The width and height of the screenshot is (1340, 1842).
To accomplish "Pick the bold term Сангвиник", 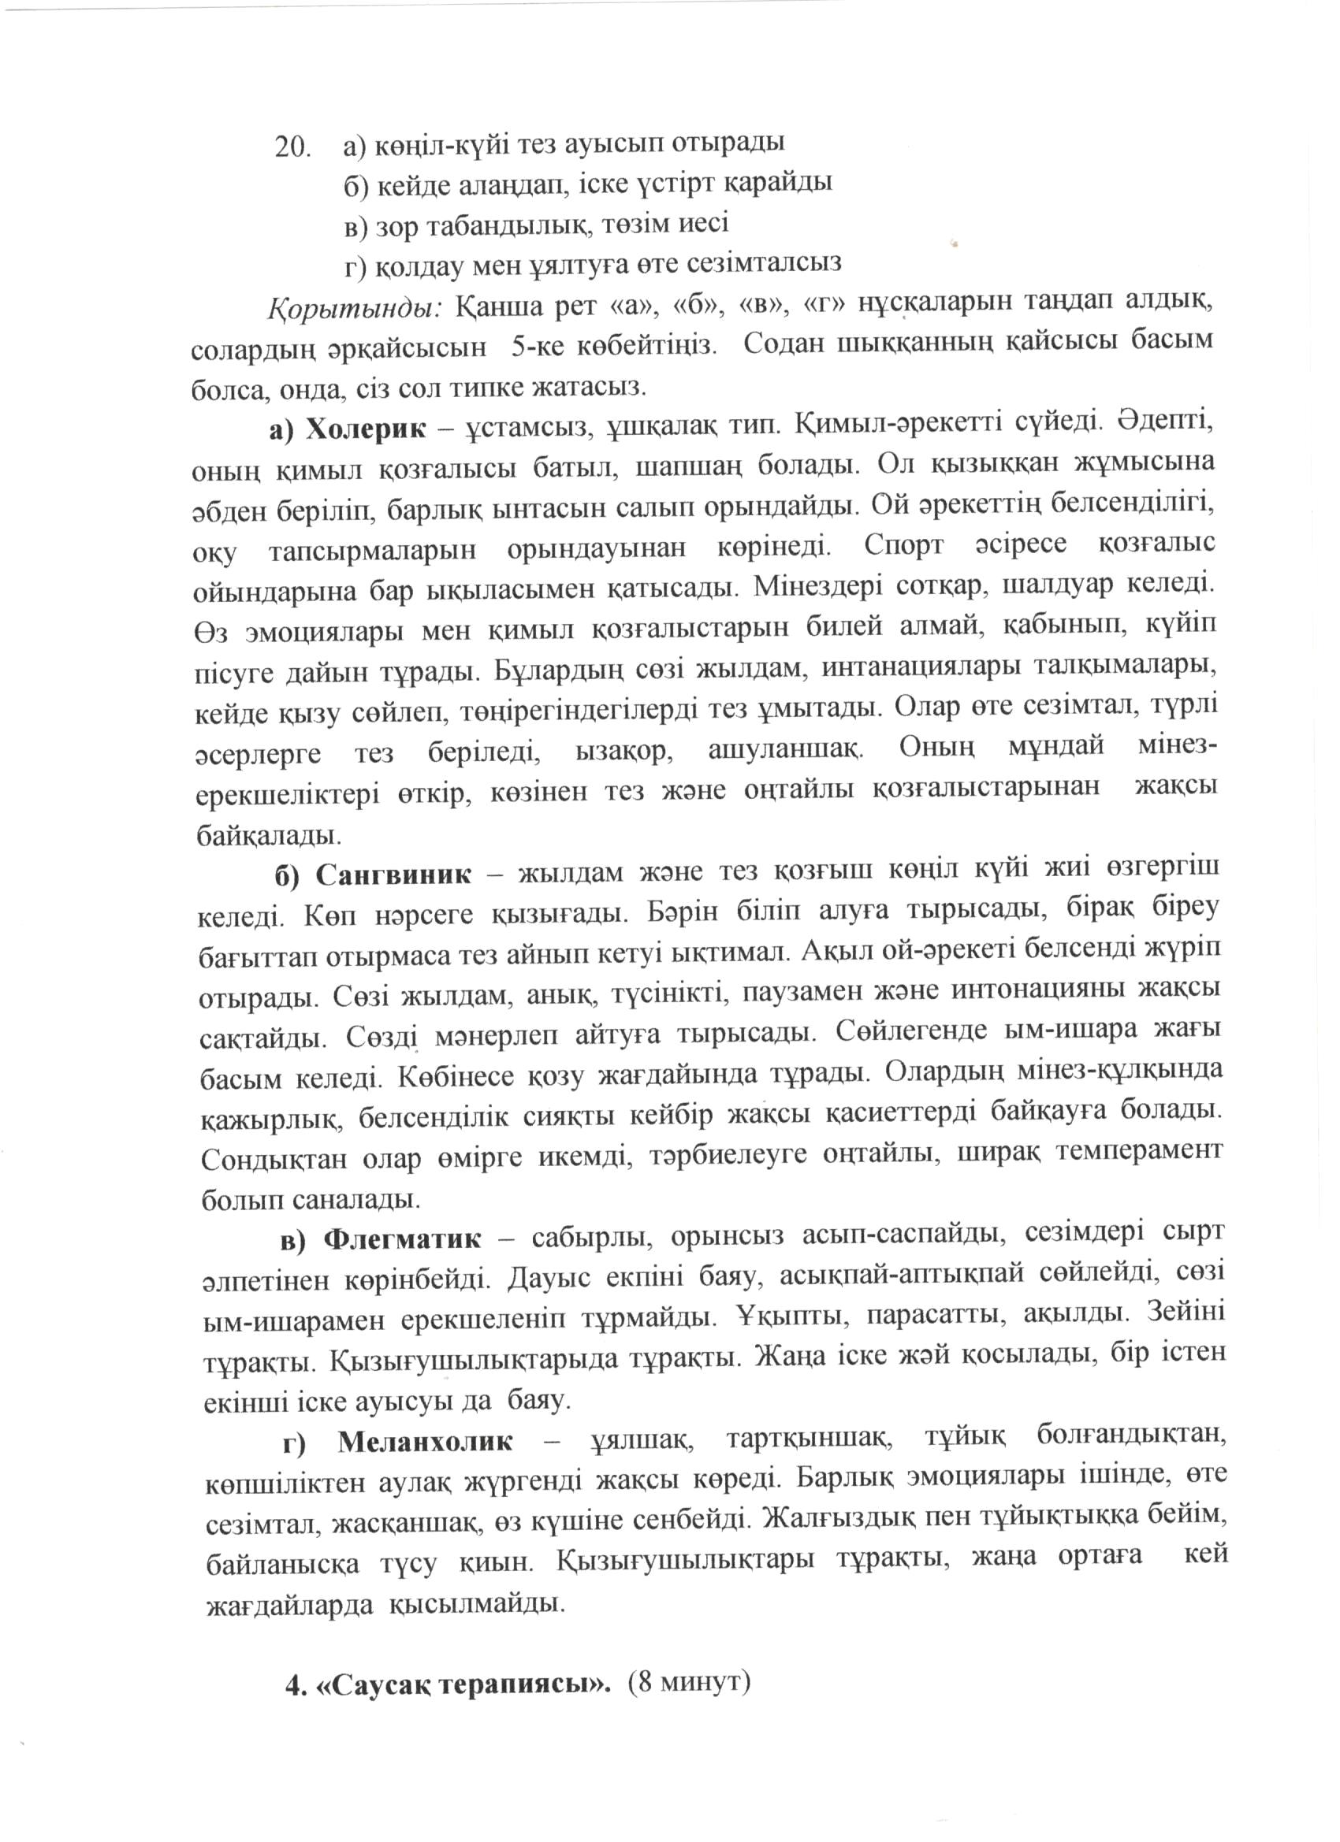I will (393, 875).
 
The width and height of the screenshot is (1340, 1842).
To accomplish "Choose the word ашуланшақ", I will (786, 748).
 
